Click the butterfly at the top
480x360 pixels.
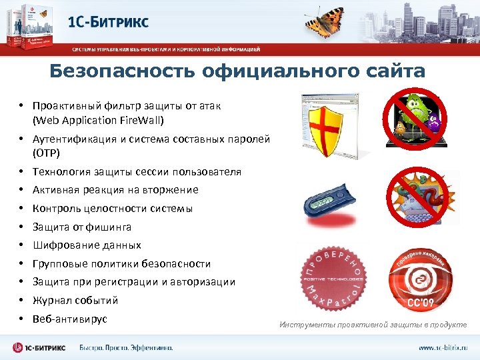[x=327, y=21]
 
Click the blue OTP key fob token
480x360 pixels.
[x=328, y=203]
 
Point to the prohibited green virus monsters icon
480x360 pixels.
[x=415, y=118]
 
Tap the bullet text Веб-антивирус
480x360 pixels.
[x=69, y=319]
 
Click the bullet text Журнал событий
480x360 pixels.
[x=75, y=300]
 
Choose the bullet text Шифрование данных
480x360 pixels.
[x=87, y=245]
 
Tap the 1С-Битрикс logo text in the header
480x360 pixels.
[x=108, y=21]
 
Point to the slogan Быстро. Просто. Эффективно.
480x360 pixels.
[x=126, y=347]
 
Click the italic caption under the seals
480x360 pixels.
[x=373, y=325]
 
